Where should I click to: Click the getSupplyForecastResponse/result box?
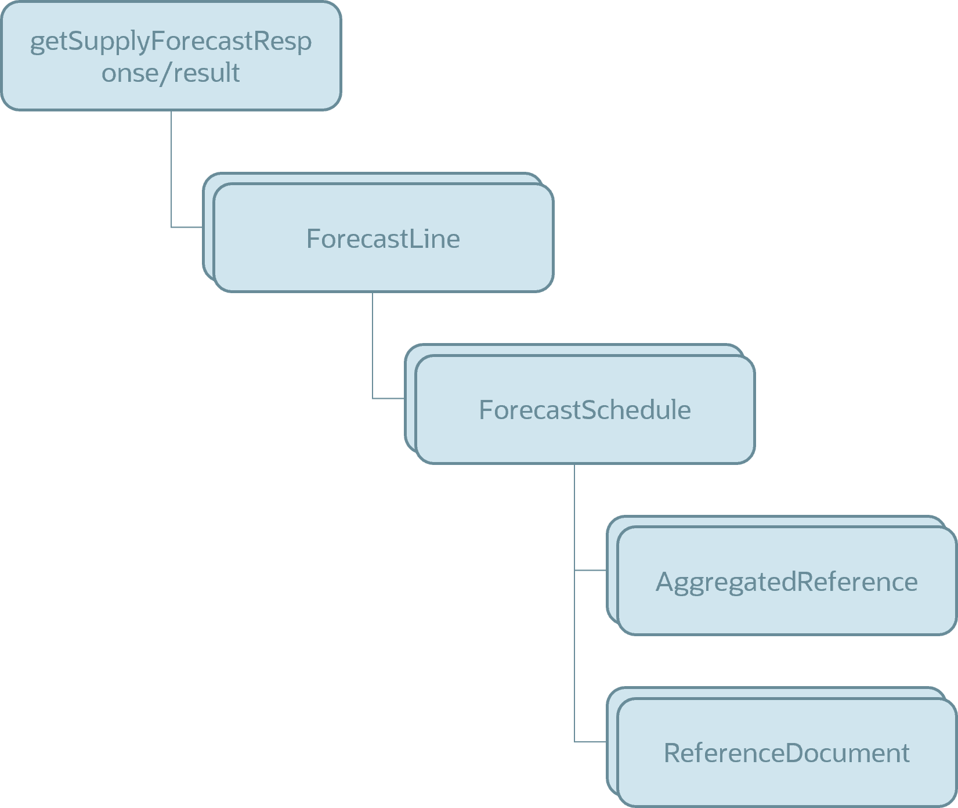tap(171, 56)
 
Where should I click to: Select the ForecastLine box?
tap(383, 238)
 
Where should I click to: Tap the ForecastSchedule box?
tap(585, 410)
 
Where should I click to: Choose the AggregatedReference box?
tap(786, 581)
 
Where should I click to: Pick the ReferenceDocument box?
tap(786, 753)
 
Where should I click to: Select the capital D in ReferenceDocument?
tap(796, 753)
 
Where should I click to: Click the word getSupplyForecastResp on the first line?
tap(171, 42)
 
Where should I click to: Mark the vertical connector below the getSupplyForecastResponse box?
tap(171, 168)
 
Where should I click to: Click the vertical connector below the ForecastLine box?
tap(373, 345)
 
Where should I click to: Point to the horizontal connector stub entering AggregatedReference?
tap(590, 571)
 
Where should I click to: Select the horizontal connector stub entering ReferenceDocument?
tap(590, 742)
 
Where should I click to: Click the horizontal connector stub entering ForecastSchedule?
tap(388, 399)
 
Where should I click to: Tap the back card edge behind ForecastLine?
tap(208, 226)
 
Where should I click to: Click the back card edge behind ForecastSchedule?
tap(410, 398)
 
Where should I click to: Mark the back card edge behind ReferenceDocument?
tap(612, 741)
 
